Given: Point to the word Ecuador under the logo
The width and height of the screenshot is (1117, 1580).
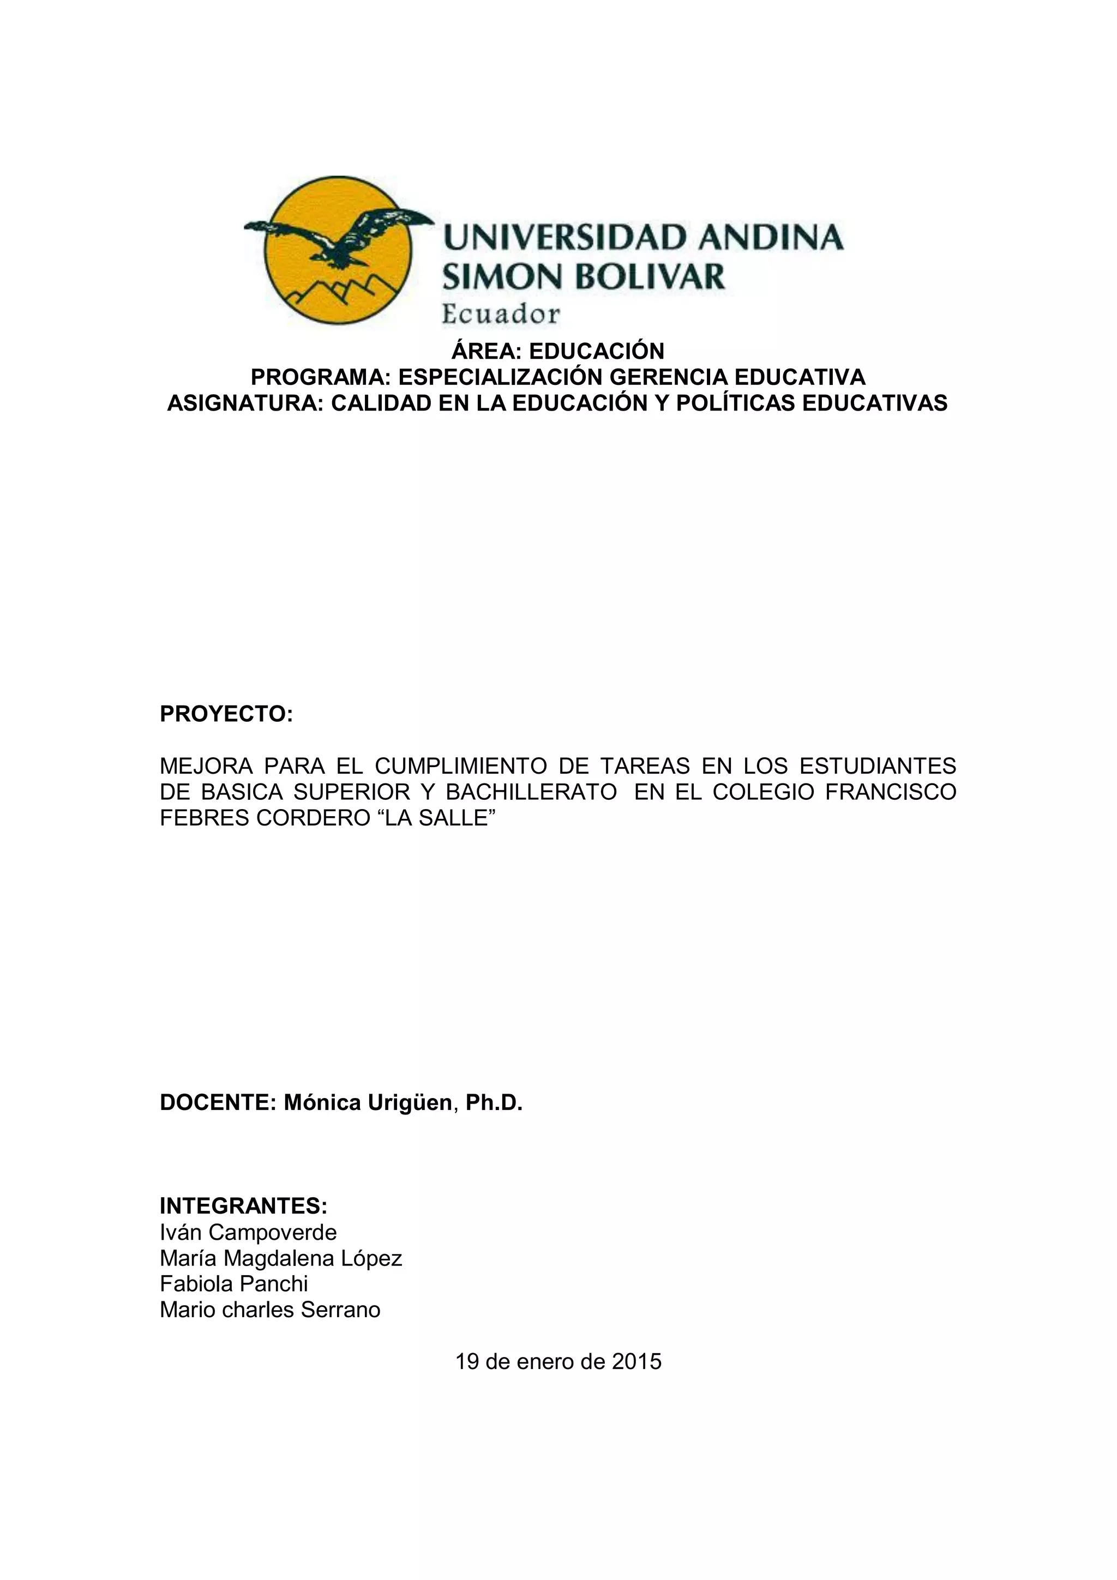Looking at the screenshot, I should point(500,315).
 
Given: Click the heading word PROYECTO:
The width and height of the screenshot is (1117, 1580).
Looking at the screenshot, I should point(226,714).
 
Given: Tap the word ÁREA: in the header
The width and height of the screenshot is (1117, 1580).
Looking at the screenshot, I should point(487,351).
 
